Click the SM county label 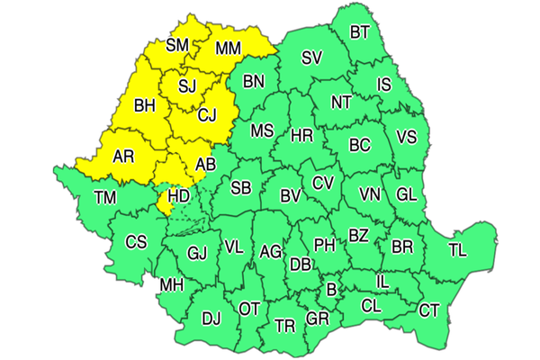[177, 43]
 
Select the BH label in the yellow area [145, 105]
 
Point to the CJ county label [208, 114]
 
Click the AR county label [123, 156]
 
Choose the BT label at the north [360, 33]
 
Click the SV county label [312, 58]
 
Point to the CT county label [429, 311]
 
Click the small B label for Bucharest [331, 289]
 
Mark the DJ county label [211, 318]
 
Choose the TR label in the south [284, 325]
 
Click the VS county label [407, 138]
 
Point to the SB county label [240, 188]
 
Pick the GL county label [407, 194]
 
